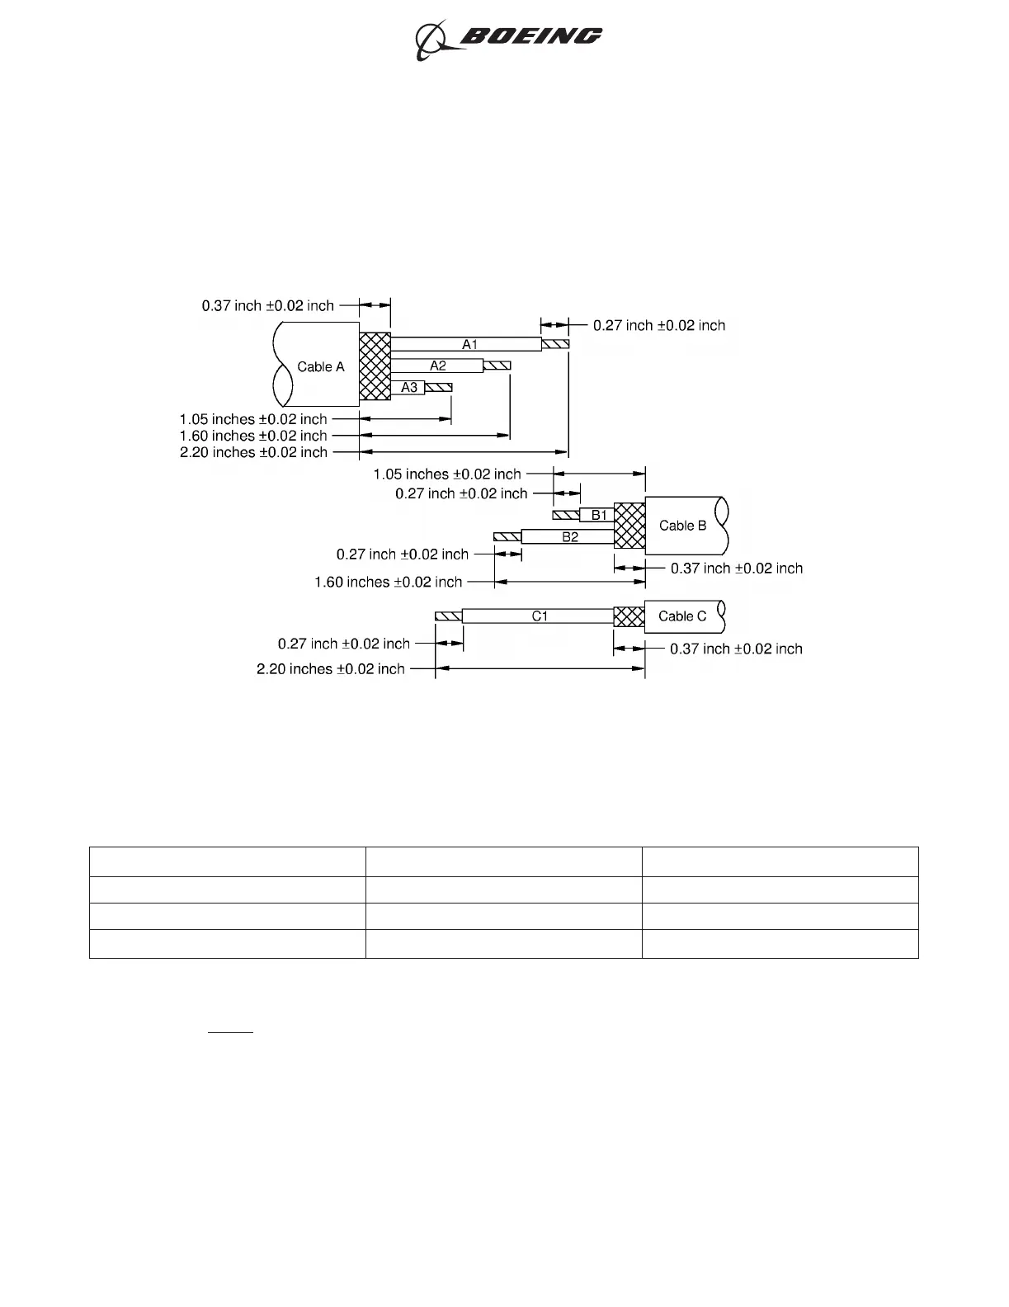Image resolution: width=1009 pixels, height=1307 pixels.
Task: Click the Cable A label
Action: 321,367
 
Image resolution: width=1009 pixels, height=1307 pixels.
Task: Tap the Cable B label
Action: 682,526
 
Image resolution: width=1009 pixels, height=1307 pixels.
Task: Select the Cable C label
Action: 682,616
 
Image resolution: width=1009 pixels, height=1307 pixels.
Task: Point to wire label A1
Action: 469,344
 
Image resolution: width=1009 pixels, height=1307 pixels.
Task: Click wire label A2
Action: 438,366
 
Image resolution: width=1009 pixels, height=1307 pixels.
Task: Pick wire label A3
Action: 409,387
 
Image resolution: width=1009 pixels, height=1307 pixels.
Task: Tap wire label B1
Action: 599,516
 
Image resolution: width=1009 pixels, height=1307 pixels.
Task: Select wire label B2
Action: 570,537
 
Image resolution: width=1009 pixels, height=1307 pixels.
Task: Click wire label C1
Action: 540,616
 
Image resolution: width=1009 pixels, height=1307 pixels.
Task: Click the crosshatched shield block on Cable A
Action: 375,368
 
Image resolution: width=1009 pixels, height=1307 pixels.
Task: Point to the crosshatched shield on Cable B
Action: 629,526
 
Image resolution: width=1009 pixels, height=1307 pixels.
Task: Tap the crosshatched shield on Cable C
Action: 629,616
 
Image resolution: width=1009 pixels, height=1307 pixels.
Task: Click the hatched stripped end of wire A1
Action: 555,344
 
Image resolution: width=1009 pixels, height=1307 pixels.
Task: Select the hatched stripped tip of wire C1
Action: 448,616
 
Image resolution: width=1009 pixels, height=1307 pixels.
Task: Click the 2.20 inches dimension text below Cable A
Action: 253,452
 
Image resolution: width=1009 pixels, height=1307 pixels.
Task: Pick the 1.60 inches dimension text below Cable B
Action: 388,583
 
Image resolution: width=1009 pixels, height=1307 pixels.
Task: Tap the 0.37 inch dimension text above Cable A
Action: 268,306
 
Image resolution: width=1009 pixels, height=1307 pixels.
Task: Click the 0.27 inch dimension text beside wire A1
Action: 659,326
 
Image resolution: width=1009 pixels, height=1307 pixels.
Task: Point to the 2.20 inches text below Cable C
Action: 330,669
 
